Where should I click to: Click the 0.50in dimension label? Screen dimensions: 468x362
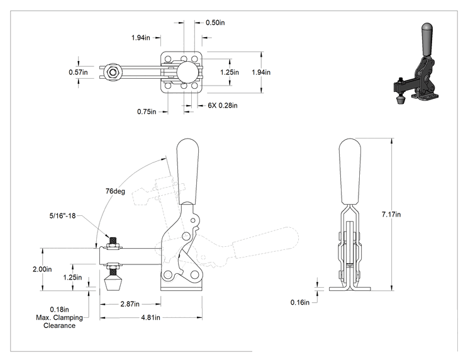pyautogui.click(x=215, y=23)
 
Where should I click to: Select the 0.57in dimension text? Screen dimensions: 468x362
pyautogui.click(x=78, y=72)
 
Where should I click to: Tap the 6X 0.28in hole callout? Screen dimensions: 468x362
pyautogui.click(x=223, y=105)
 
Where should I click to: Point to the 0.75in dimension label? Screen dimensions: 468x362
pyautogui.click(x=147, y=111)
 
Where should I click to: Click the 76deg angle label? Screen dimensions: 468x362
pyautogui.click(x=115, y=191)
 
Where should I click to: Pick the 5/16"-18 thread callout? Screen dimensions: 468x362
pyautogui.click(x=63, y=216)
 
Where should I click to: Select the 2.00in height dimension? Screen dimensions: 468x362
pyautogui.click(x=42, y=269)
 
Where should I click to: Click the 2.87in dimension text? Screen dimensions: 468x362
pyautogui.click(x=130, y=304)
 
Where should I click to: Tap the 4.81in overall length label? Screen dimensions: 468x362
pyautogui.click(x=151, y=317)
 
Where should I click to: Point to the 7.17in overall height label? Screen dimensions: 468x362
pyautogui.click(x=391, y=215)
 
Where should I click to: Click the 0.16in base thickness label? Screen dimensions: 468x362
pyautogui.click(x=300, y=303)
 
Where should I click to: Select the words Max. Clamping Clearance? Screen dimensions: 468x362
pyautogui.click(x=59, y=322)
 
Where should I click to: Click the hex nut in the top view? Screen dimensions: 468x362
pyautogui.click(x=113, y=72)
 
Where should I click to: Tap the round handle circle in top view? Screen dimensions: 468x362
pyautogui.click(x=187, y=72)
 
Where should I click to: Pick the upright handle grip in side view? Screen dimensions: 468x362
pyautogui.click(x=187, y=171)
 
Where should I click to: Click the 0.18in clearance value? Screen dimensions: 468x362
pyautogui.click(x=59, y=310)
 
